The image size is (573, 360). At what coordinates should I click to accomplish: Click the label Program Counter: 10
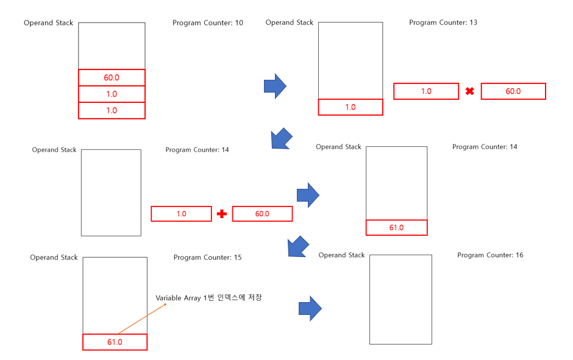click(207, 23)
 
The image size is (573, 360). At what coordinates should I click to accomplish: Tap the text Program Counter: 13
click(443, 23)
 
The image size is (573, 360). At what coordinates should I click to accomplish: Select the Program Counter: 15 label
click(207, 258)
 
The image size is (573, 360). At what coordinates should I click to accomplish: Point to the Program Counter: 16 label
click(490, 255)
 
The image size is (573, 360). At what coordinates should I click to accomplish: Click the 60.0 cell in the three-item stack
click(111, 78)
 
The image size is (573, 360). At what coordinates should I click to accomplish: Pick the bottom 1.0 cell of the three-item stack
click(111, 111)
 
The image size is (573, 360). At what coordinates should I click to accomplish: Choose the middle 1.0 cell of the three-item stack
click(111, 94)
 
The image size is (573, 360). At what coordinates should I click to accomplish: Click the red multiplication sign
click(470, 91)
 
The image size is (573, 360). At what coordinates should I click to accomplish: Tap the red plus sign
click(222, 214)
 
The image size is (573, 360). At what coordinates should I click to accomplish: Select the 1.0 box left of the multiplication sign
click(426, 91)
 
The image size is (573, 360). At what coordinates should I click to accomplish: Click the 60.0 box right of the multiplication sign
click(513, 91)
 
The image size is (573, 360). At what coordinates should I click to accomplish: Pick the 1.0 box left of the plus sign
click(181, 214)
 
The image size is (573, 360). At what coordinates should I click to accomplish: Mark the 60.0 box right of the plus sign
click(262, 214)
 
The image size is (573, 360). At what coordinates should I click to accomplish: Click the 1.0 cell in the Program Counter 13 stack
click(351, 107)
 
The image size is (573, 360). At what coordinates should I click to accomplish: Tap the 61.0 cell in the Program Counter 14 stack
click(396, 228)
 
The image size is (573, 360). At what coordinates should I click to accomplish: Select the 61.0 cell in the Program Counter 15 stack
click(115, 342)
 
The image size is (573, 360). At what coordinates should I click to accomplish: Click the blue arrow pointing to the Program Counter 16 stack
click(310, 309)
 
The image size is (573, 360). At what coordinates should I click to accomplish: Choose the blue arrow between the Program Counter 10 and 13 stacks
click(275, 86)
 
